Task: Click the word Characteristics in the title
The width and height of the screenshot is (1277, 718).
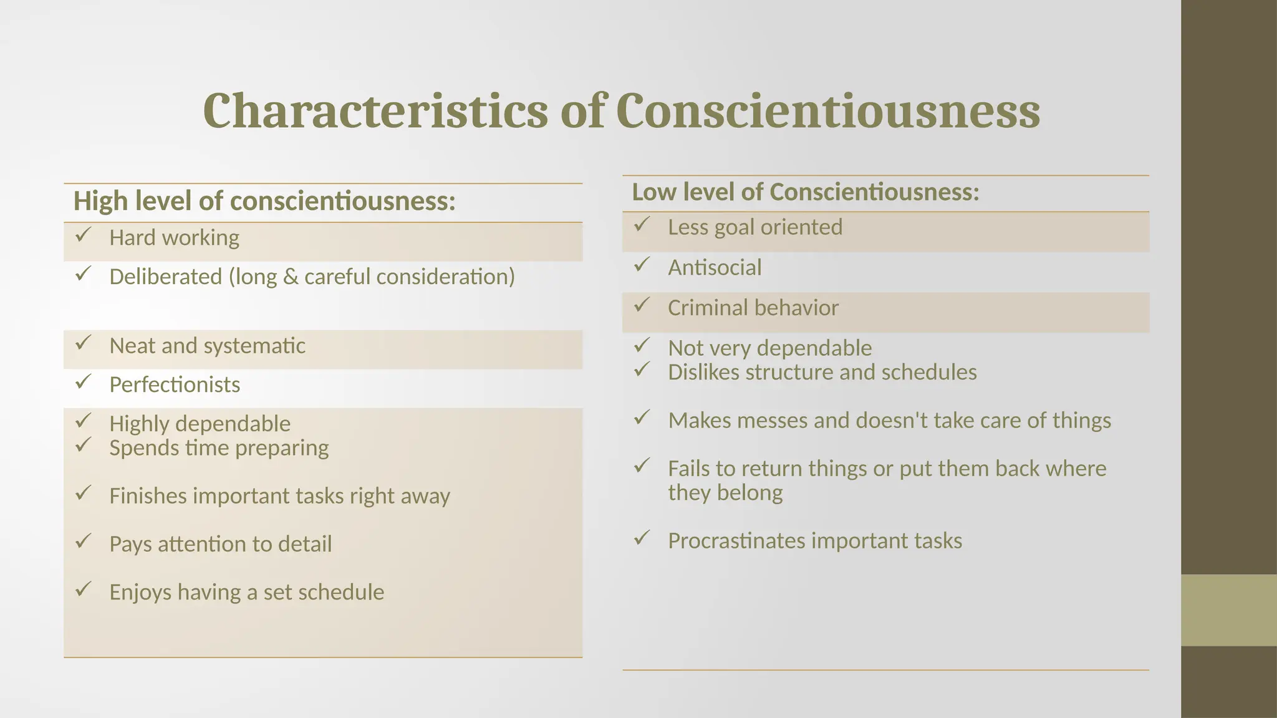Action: pos(375,111)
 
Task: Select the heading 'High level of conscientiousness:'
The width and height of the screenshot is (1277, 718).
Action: pos(264,201)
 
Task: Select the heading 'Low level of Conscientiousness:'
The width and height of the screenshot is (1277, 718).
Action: pos(805,192)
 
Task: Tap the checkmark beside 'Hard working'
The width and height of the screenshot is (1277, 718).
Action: pos(83,235)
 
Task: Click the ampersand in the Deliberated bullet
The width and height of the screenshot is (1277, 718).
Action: pos(291,277)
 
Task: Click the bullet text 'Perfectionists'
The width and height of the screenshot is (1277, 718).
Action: pos(175,385)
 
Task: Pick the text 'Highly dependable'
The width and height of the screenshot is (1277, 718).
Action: pos(200,424)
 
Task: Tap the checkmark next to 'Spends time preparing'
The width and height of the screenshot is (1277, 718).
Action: pos(83,445)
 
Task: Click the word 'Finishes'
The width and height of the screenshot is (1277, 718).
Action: pos(148,496)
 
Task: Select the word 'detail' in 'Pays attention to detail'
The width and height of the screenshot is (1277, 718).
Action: pos(304,544)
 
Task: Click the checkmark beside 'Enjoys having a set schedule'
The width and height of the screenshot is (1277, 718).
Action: pos(83,589)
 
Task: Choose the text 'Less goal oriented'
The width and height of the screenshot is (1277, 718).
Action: pos(754,227)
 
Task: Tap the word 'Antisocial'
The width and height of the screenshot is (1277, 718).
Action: pos(715,268)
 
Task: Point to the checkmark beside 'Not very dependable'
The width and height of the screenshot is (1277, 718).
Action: pos(642,345)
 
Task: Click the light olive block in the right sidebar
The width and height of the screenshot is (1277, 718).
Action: pos(1228,610)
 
